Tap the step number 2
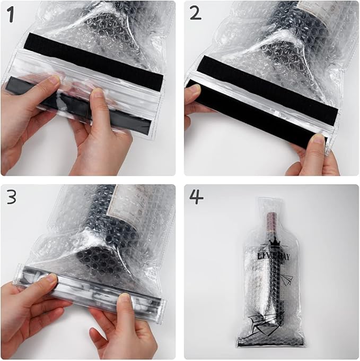pos(195,13)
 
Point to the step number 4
pos(196,197)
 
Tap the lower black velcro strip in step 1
pos(80,109)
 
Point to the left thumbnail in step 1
pos(54,80)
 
